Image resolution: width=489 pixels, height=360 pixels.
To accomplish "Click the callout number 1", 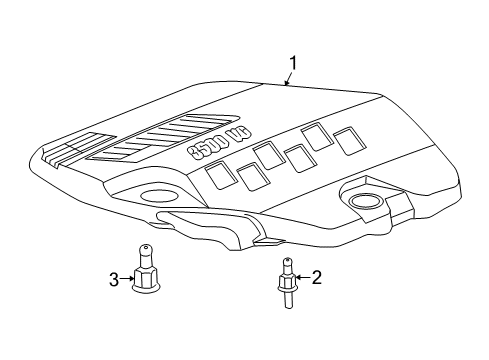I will [x=293, y=65].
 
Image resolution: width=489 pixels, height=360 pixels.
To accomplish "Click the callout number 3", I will [x=113, y=278].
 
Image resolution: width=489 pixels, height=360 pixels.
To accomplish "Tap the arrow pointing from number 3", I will [x=127, y=279].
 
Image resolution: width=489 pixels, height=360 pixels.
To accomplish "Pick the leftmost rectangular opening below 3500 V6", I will [x=220, y=178].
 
